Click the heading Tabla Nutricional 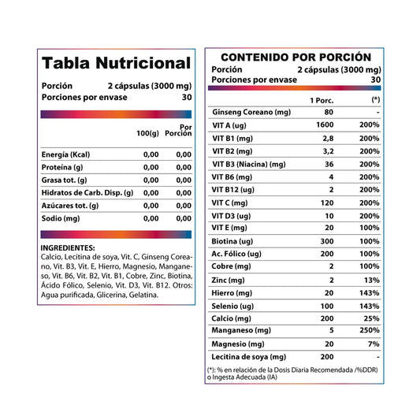pos(117,63)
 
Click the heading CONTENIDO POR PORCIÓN pos(296,57)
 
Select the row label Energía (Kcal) pos(65,154)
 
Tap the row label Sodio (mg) pos(61,218)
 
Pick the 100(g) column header pos(147,133)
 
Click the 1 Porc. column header pos(322,100)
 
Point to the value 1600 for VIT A pos(325,125)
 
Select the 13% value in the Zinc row pos(371,281)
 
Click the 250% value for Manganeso pos(370,330)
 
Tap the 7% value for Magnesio pos(374,344)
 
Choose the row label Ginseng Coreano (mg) pos(251,112)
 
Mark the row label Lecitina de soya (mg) pos(248,357)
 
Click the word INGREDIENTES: pos(68,248)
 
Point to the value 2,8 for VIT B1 pos(328,139)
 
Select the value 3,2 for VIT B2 pos(328,151)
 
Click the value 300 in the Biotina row pos(327,241)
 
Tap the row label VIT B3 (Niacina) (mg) pos(249,165)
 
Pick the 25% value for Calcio pos(371,318)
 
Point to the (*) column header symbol pos(376,99)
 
